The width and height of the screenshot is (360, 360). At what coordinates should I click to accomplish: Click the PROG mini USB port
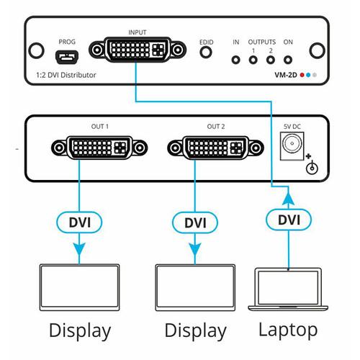pos(66,55)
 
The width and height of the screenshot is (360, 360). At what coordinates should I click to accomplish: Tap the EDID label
pos(207,42)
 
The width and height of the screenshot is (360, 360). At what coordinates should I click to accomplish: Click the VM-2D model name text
pos(287,75)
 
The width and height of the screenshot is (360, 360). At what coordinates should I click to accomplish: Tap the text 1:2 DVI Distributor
pos(66,75)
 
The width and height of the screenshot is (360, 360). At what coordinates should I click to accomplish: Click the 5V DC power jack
pos(292,148)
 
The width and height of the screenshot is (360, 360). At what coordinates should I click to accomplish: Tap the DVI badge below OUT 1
pos(81,222)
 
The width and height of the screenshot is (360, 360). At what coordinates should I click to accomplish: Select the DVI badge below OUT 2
pos(195,222)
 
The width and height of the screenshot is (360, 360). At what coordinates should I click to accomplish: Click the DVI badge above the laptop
pos(289,217)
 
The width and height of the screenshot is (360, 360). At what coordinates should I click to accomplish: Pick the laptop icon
pos(289,289)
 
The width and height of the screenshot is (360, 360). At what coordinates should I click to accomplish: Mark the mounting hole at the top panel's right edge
pos(315,52)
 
